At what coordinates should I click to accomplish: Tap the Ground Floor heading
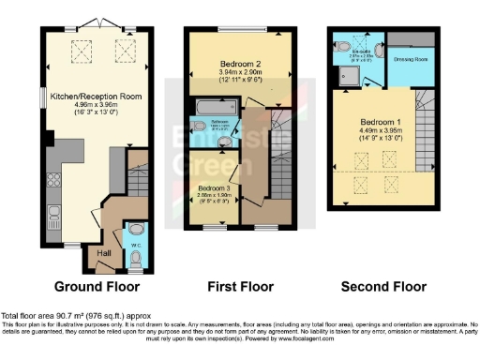[97, 287]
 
